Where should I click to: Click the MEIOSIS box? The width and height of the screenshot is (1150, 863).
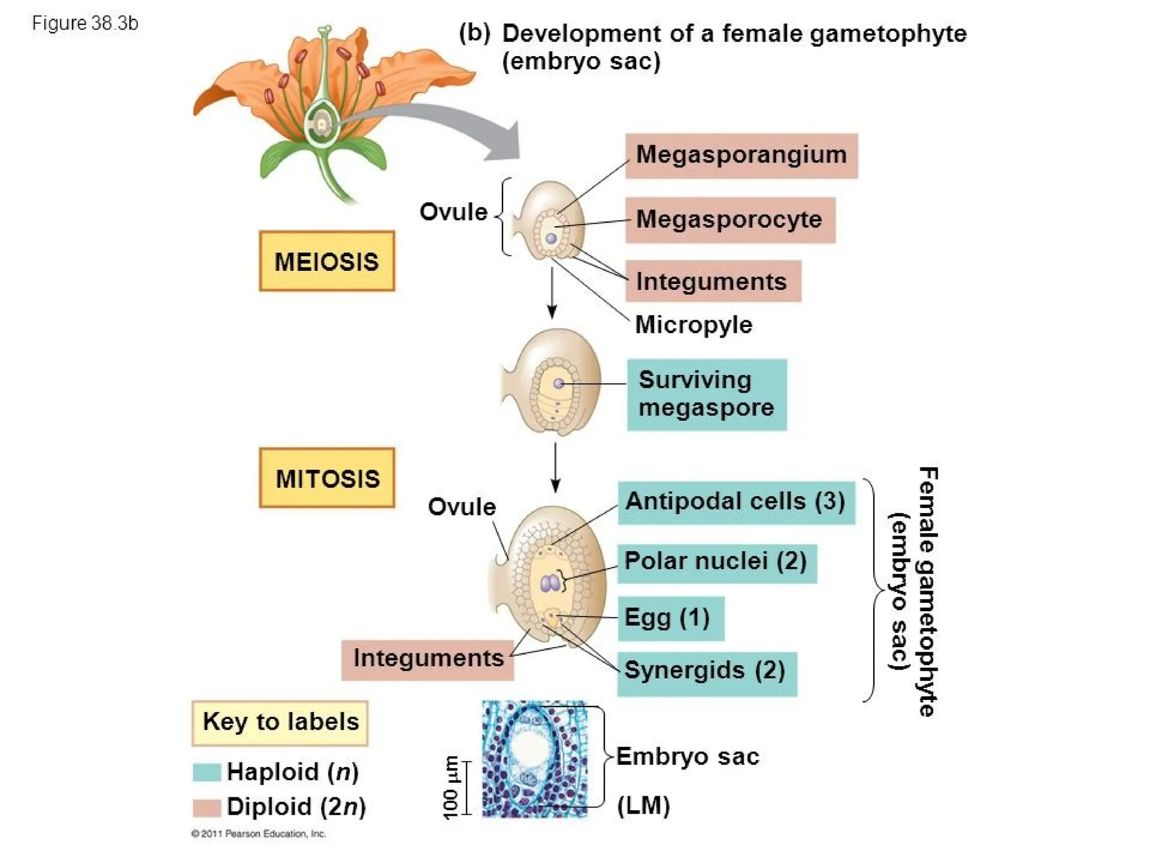point(326,261)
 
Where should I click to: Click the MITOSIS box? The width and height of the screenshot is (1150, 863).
point(327,478)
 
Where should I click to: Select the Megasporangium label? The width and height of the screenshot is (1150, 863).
point(741,156)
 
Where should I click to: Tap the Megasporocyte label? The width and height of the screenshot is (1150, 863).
point(730,220)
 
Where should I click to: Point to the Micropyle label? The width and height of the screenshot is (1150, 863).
point(693,325)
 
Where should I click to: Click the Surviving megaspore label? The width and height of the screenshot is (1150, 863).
point(706,394)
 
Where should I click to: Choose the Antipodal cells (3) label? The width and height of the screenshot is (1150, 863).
point(736,502)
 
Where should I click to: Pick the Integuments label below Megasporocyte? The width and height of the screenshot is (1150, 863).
point(712,281)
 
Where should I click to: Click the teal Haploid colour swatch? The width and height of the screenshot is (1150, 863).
point(206,772)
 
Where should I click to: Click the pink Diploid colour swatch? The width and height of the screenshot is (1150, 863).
point(206,807)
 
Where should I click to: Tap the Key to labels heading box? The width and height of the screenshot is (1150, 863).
point(280,723)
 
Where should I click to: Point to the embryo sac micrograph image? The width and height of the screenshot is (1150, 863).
point(534,758)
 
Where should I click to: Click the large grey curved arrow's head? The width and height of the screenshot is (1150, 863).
point(505,143)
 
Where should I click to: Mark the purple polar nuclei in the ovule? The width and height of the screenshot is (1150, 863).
point(549,584)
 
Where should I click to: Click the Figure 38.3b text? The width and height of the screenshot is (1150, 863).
point(85,23)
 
